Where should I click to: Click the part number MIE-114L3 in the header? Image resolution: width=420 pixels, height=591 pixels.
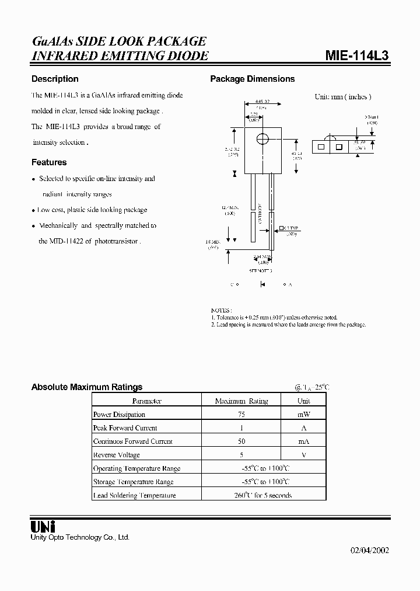coord(356,55)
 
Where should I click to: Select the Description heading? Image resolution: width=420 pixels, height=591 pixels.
coord(55,79)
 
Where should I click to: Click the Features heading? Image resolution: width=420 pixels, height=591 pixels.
coord(49,162)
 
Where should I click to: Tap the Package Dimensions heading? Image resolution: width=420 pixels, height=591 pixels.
coord(253,79)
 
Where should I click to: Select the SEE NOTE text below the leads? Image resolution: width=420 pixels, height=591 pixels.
coord(261,271)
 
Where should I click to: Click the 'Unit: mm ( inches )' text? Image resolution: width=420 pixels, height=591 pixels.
coord(343,97)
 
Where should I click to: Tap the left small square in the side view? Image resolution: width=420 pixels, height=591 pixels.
coord(321,148)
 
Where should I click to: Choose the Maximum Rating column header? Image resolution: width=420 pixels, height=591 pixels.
coord(241,401)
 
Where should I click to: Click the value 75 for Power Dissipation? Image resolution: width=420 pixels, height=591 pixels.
coord(241,415)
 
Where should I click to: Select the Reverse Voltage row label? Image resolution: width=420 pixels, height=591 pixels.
coord(117,455)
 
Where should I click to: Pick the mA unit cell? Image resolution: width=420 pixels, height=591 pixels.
coord(303,441)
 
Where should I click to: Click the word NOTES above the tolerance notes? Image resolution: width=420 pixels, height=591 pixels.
coord(221,310)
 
